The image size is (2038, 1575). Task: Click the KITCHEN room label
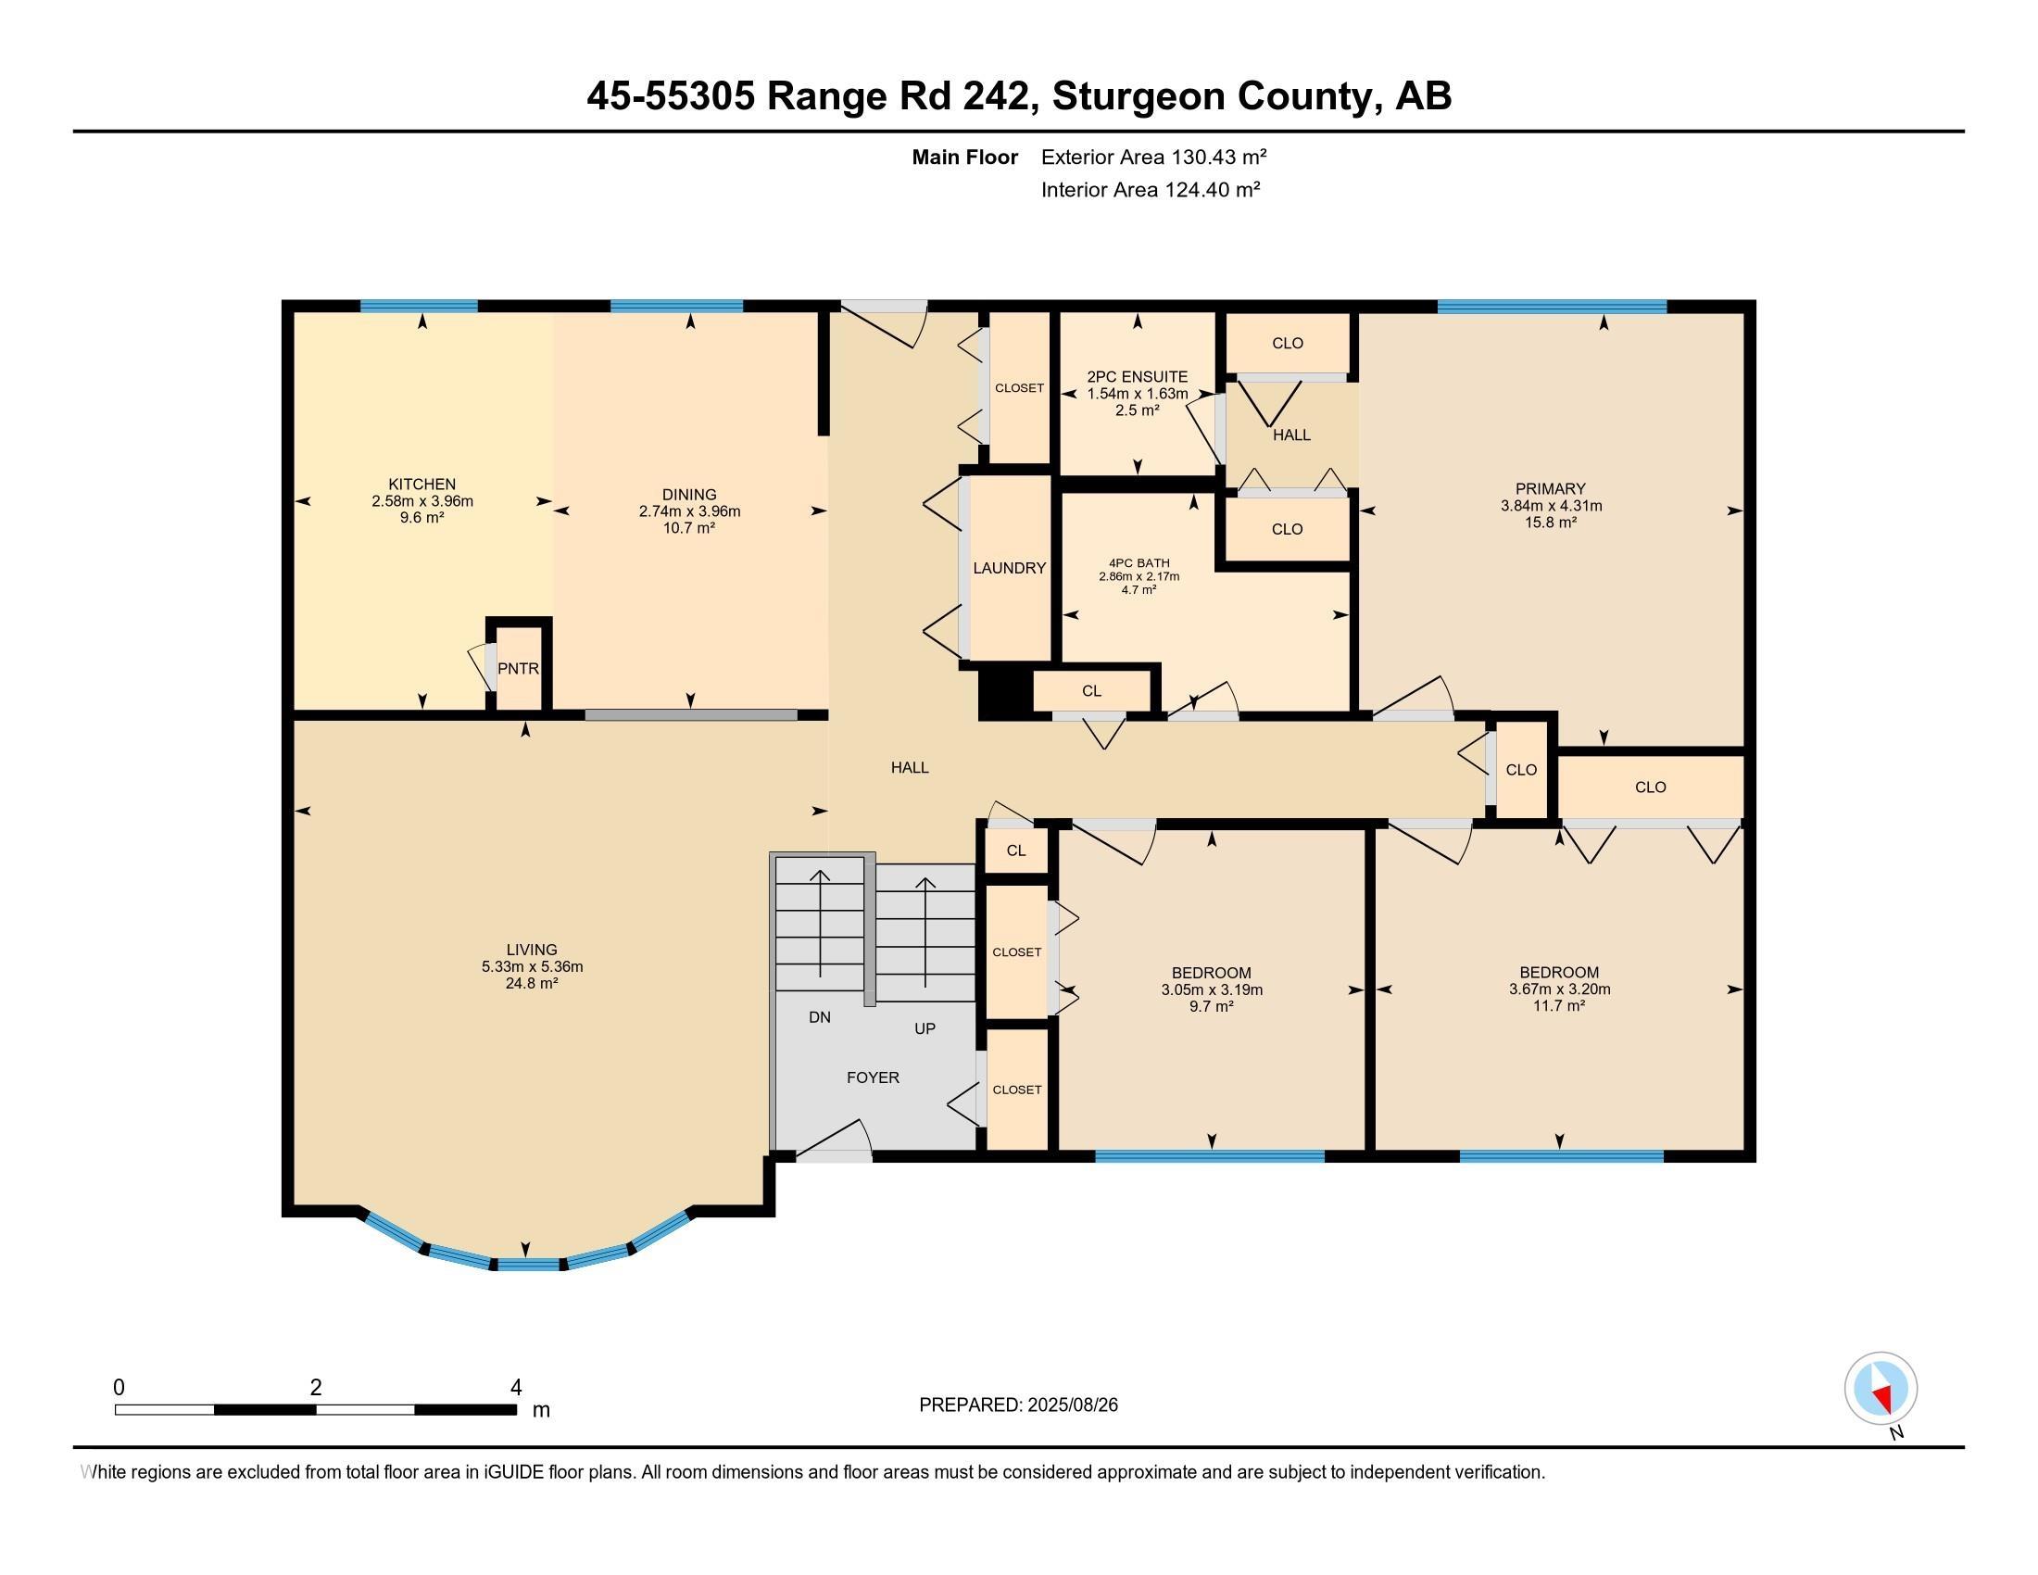point(421,485)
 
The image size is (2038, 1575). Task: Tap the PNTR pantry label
point(518,668)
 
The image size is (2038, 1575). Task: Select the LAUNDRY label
point(1009,567)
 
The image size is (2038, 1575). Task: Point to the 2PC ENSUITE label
point(1138,377)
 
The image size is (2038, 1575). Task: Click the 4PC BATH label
point(1139,563)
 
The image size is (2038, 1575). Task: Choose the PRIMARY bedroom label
point(1550,489)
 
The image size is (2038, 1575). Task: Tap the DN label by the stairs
point(819,1017)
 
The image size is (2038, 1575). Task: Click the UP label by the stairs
point(925,1028)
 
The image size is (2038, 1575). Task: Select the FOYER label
point(873,1077)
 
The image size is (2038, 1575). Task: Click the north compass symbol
point(1881,1389)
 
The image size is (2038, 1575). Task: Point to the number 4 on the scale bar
point(516,1388)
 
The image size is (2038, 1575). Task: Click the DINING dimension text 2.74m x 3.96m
point(689,511)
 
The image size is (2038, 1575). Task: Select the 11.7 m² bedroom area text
point(1558,1006)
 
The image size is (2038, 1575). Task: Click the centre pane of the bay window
point(528,1266)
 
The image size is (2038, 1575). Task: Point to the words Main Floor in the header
point(964,157)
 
